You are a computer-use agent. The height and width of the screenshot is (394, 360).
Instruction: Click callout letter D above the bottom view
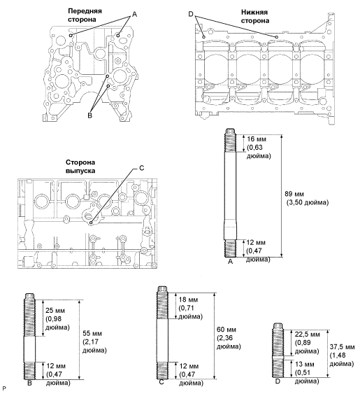(192, 13)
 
